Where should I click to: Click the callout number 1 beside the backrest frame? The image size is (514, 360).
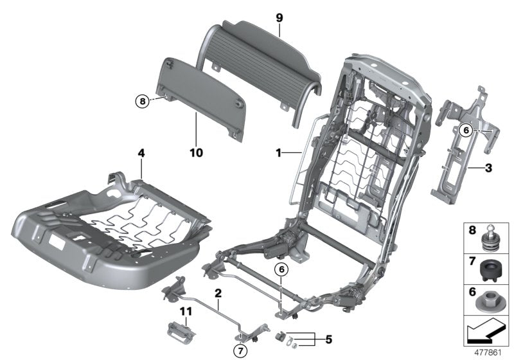click(x=279, y=153)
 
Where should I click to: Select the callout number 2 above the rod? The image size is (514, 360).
click(x=218, y=294)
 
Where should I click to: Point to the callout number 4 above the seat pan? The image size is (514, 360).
click(x=141, y=153)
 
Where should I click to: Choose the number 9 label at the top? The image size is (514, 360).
click(x=279, y=17)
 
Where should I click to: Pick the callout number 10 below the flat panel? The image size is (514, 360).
click(x=196, y=152)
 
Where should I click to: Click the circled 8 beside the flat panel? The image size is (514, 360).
click(x=141, y=101)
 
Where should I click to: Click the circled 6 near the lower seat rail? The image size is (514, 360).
click(x=280, y=270)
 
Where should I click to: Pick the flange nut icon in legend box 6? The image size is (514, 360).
click(x=485, y=300)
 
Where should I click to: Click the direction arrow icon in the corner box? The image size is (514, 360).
click(x=486, y=332)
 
